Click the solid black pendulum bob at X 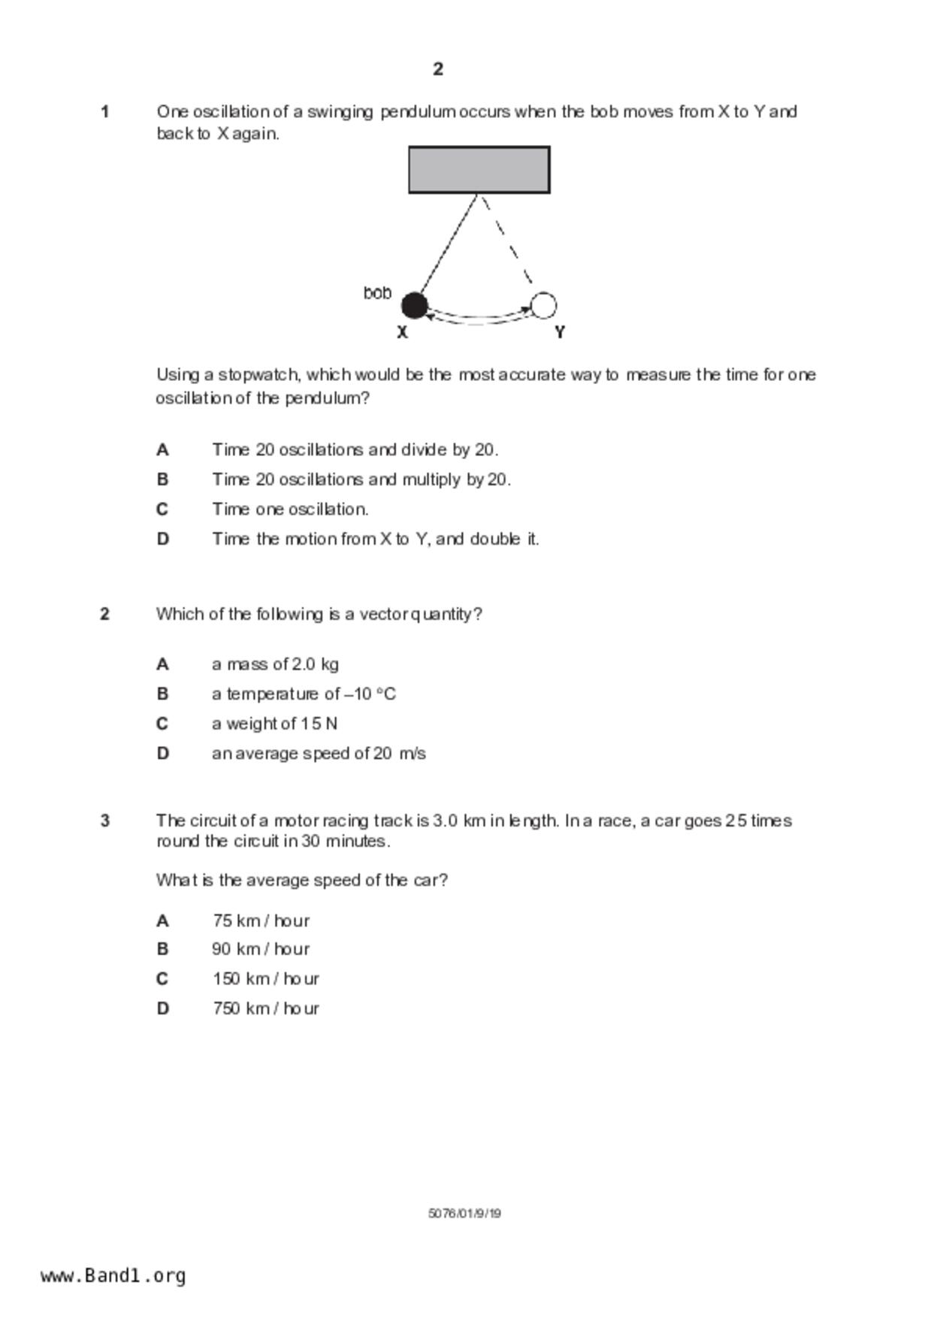[x=414, y=306]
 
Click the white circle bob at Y [x=543, y=306]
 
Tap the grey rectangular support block [x=479, y=170]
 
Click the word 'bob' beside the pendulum [x=377, y=293]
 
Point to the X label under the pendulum [x=402, y=332]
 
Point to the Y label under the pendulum [x=560, y=332]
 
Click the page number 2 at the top [x=438, y=69]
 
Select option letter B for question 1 [x=162, y=479]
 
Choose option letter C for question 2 [x=162, y=724]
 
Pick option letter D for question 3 [x=162, y=1008]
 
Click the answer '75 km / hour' [x=261, y=920]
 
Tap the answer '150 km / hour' [x=265, y=979]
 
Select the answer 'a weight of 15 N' [x=274, y=724]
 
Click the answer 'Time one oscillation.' [x=290, y=509]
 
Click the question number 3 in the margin [x=105, y=821]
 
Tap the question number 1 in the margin [x=105, y=112]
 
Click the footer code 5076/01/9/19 [x=464, y=1213]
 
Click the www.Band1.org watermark [x=113, y=1275]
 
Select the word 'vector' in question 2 [x=384, y=614]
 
